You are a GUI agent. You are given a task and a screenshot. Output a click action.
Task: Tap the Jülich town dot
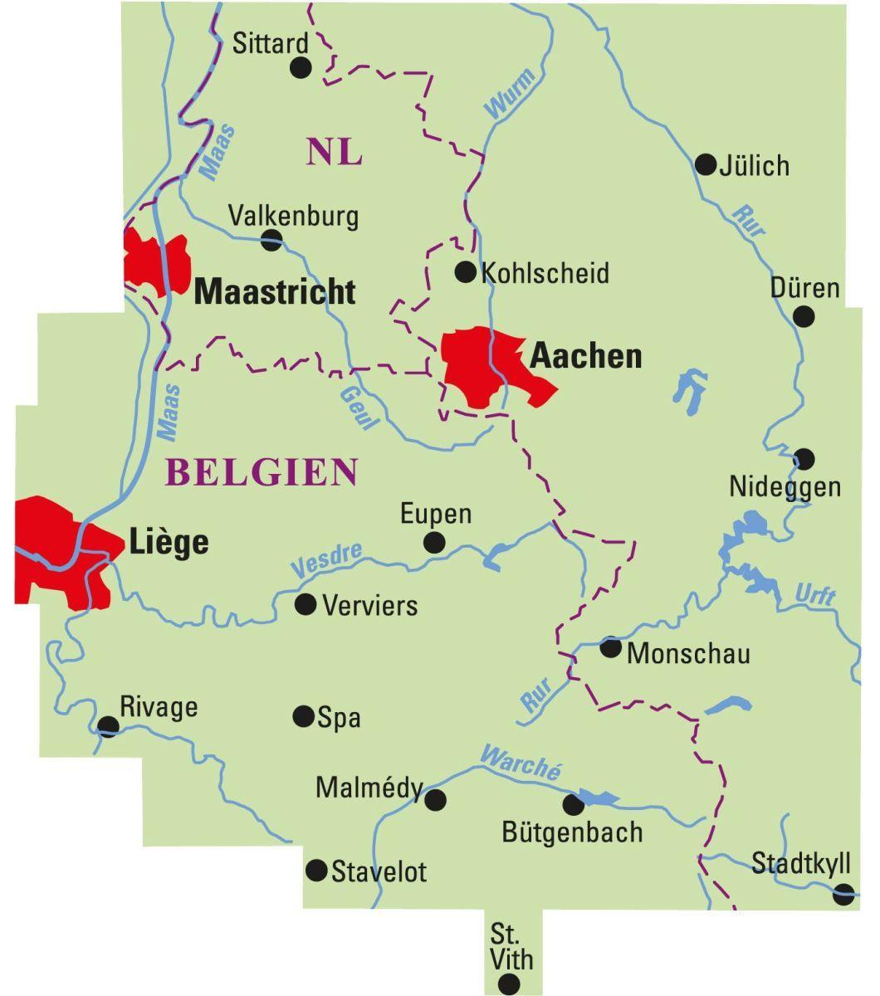click(x=705, y=164)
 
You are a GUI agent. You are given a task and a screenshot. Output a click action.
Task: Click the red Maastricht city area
click(x=156, y=261)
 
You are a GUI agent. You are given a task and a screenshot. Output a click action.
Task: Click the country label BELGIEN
click(x=262, y=472)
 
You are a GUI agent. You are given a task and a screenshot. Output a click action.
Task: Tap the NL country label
click(x=334, y=153)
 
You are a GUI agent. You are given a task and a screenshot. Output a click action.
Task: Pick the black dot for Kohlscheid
click(x=465, y=271)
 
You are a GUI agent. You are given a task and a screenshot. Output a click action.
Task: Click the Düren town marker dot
click(x=803, y=316)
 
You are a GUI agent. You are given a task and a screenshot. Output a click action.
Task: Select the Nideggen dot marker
click(x=804, y=458)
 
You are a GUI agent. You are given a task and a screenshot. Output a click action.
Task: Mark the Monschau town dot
click(x=610, y=647)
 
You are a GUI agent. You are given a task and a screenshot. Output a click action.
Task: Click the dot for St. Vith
click(x=508, y=984)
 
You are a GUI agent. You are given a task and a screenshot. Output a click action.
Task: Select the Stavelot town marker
click(x=316, y=870)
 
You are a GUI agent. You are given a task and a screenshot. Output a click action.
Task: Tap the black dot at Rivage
click(x=108, y=726)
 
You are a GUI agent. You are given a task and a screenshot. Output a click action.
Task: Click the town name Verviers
click(x=369, y=605)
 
